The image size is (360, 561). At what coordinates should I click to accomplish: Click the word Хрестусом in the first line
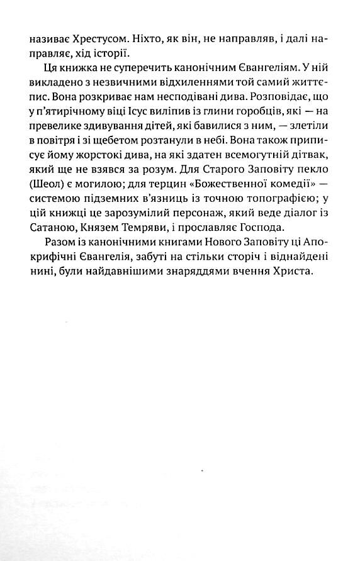(x=106, y=39)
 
